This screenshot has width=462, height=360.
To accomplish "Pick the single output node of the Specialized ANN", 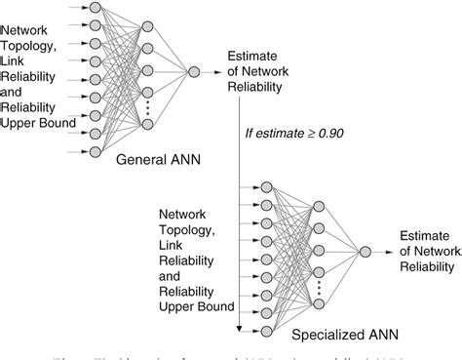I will pos(365,252).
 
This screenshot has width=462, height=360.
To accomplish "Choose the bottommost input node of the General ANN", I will pos(94,152).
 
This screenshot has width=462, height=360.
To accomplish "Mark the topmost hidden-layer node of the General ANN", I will pos(146,26).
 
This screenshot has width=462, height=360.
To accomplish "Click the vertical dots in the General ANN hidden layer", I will pos(146,105).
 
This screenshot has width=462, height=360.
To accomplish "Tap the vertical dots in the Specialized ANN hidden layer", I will pos(317,286).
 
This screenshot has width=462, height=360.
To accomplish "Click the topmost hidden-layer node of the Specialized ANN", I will pos(317,206).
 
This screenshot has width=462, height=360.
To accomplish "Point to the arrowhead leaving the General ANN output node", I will pos(218,71).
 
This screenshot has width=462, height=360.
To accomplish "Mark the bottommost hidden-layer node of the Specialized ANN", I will pos(317,304).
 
